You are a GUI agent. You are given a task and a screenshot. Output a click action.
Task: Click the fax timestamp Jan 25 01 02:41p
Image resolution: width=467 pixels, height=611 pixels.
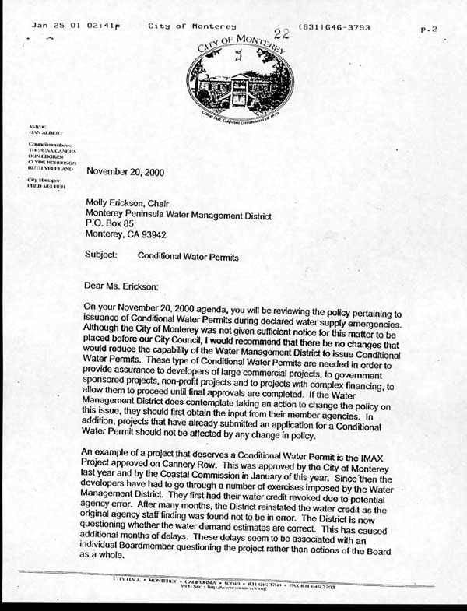76,27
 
